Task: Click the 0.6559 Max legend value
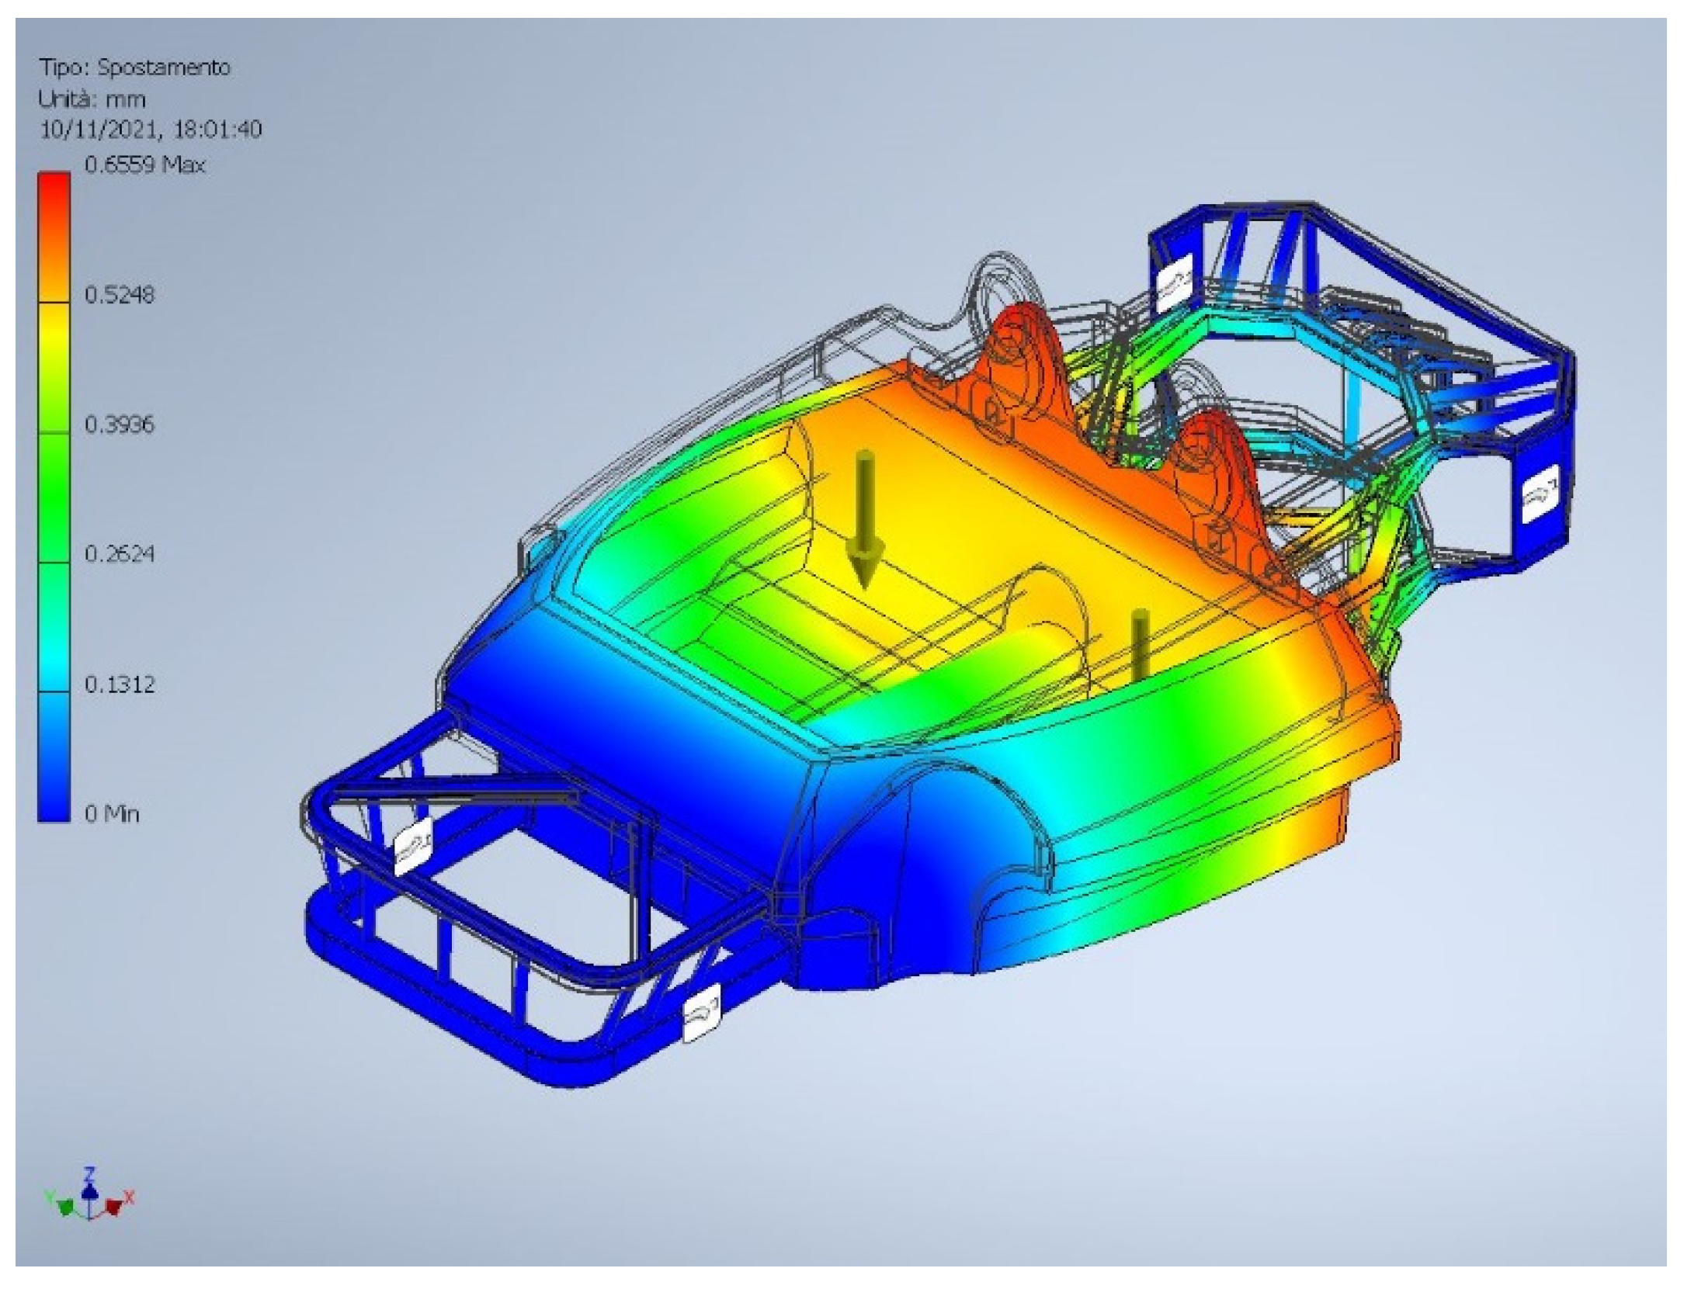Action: (x=144, y=165)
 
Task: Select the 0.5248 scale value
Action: (x=119, y=294)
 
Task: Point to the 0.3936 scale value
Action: (x=119, y=424)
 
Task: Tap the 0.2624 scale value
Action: (x=119, y=553)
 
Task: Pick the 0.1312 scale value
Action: (x=119, y=684)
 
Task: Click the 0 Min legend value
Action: (x=112, y=813)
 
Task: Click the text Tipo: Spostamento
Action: (x=135, y=68)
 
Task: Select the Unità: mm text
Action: (x=92, y=99)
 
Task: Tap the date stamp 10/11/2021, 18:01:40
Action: (x=151, y=129)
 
